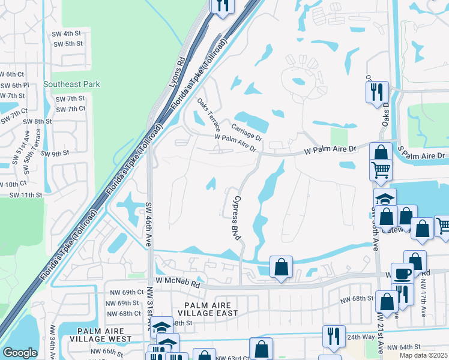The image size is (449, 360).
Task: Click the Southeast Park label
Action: click(71, 85)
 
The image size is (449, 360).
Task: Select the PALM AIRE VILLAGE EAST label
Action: click(207, 309)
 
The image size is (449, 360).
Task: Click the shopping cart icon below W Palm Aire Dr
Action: click(381, 171)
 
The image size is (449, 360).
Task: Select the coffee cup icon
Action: click(402, 273)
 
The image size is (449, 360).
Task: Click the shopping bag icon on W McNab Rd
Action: click(281, 267)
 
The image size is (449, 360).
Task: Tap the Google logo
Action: click(20, 353)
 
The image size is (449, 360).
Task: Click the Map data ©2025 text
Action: click(424, 355)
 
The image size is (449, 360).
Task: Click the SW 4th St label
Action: click(67, 34)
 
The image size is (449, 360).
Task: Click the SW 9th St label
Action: click(55, 154)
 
